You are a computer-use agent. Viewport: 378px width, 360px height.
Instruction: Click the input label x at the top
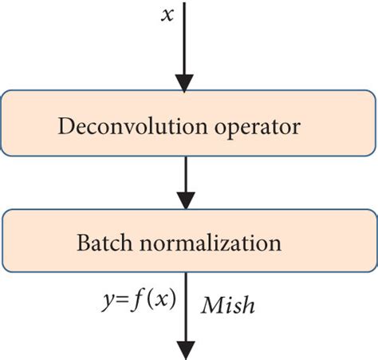(x=167, y=16)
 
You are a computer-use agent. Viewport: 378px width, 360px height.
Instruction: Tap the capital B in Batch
(x=82, y=241)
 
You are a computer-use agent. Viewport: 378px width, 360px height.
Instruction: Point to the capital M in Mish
(x=211, y=304)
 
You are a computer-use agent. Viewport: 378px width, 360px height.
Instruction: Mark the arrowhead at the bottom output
(x=185, y=350)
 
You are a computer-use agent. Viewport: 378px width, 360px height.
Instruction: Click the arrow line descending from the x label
(x=185, y=40)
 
